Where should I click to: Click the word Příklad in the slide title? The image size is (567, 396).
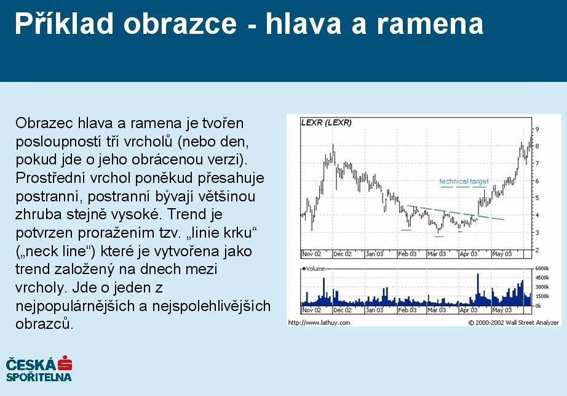tap(64, 23)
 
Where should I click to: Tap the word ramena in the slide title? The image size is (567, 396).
tap(430, 24)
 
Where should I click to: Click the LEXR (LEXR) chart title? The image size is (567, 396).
tap(326, 123)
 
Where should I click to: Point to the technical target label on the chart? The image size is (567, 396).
tap(464, 181)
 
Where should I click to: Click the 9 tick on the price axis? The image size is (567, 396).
tap(537, 129)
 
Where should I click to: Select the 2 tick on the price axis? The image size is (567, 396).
tap(537, 250)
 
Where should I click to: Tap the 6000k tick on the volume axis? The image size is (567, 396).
tap(542, 269)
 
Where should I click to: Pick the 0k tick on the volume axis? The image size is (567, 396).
tap(538, 306)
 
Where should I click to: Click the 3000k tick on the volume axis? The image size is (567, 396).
tap(542, 287)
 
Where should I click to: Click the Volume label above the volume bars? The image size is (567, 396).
tap(315, 269)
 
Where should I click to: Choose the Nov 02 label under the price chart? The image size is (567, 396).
tap(311, 254)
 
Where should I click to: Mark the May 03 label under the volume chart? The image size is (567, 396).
tap(502, 310)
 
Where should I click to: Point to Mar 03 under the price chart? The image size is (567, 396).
tap(437, 254)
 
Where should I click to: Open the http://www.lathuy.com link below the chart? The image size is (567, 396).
tap(319, 323)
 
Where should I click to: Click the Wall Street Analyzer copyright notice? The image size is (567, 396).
tap(513, 323)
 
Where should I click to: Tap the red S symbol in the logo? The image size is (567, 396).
tap(65, 363)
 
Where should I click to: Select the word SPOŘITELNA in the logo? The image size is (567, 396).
tap(39, 377)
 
